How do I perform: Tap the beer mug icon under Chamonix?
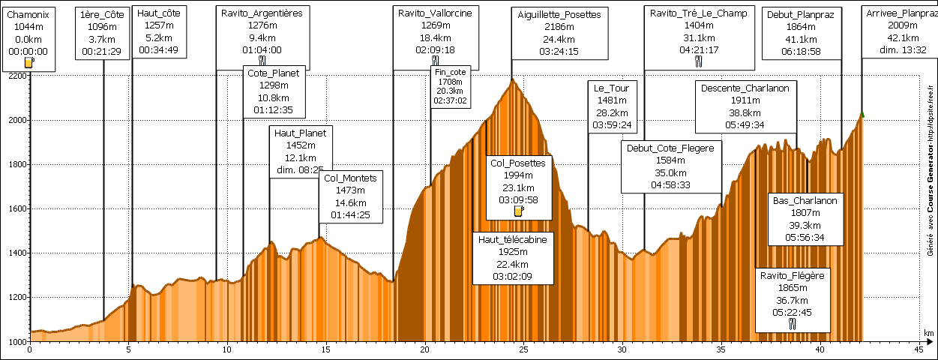click(29, 63)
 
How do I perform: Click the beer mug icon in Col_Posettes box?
click(518, 211)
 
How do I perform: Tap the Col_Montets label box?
click(352, 196)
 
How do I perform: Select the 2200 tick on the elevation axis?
click(16, 76)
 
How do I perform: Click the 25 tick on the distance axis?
click(523, 349)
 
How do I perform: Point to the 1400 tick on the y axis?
click(16, 253)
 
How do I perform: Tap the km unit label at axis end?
click(929, 333)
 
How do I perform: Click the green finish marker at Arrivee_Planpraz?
click(862, 114)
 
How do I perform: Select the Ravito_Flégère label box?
click(793, 300)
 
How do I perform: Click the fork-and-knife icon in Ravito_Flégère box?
click(793, 324)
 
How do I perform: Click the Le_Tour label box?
click(612, 106)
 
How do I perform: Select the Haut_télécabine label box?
click(514, 258)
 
